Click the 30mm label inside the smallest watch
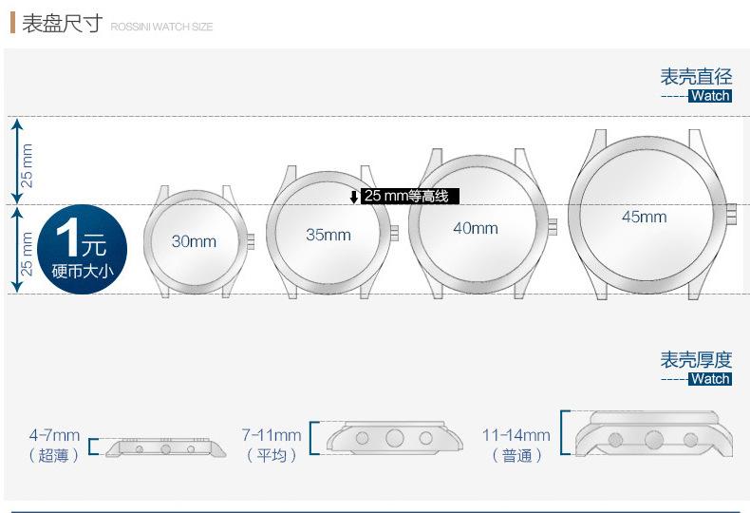coord(194,241)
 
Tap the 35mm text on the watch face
coord(328,235)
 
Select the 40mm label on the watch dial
coord(476,228)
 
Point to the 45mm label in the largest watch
coord(645,217)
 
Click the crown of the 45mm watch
coord(731,214)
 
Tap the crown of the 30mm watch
coord(251,241)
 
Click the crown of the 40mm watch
coord(553,227)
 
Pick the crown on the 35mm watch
coord(394,233)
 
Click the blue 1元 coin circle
coord(83,249)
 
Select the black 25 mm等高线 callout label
coord(409,196)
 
